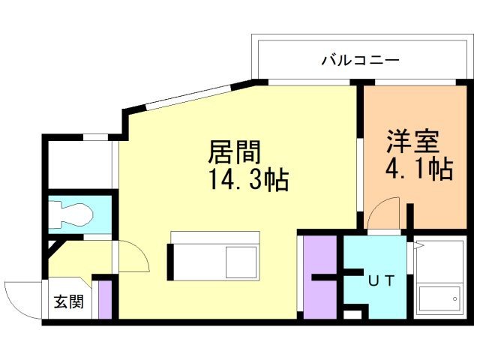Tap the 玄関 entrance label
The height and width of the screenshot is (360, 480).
pyautogui.click(x=67, y=303)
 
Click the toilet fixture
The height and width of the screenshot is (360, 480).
pyautogui.click(x=72, y=214)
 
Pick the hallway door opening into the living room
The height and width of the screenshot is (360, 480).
pyautogui.click(x=131, y=258)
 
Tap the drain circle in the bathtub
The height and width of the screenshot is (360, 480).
pyautogui.click(x=454, y=299)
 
